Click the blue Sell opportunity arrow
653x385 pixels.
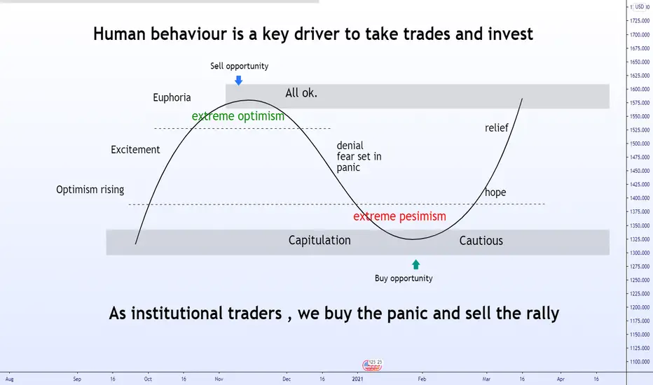239,80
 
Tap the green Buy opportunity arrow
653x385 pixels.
415,265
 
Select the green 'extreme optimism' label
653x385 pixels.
238,116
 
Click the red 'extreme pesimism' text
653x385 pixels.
399,216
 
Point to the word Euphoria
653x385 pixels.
172,98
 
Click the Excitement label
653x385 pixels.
135,150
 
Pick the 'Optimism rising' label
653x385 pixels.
90,190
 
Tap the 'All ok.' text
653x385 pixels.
301,93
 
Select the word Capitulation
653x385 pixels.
319,241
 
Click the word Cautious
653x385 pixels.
481,241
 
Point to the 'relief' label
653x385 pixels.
497,128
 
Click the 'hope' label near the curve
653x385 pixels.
495,192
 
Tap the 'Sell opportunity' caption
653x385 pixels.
239,66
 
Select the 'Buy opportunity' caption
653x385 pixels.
404,279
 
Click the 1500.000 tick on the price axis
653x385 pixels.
640,143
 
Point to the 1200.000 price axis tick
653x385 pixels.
640,307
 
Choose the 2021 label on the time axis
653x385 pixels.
357,379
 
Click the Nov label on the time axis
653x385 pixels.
219,379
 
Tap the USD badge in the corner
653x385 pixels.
640,7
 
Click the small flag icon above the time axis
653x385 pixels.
372,365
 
